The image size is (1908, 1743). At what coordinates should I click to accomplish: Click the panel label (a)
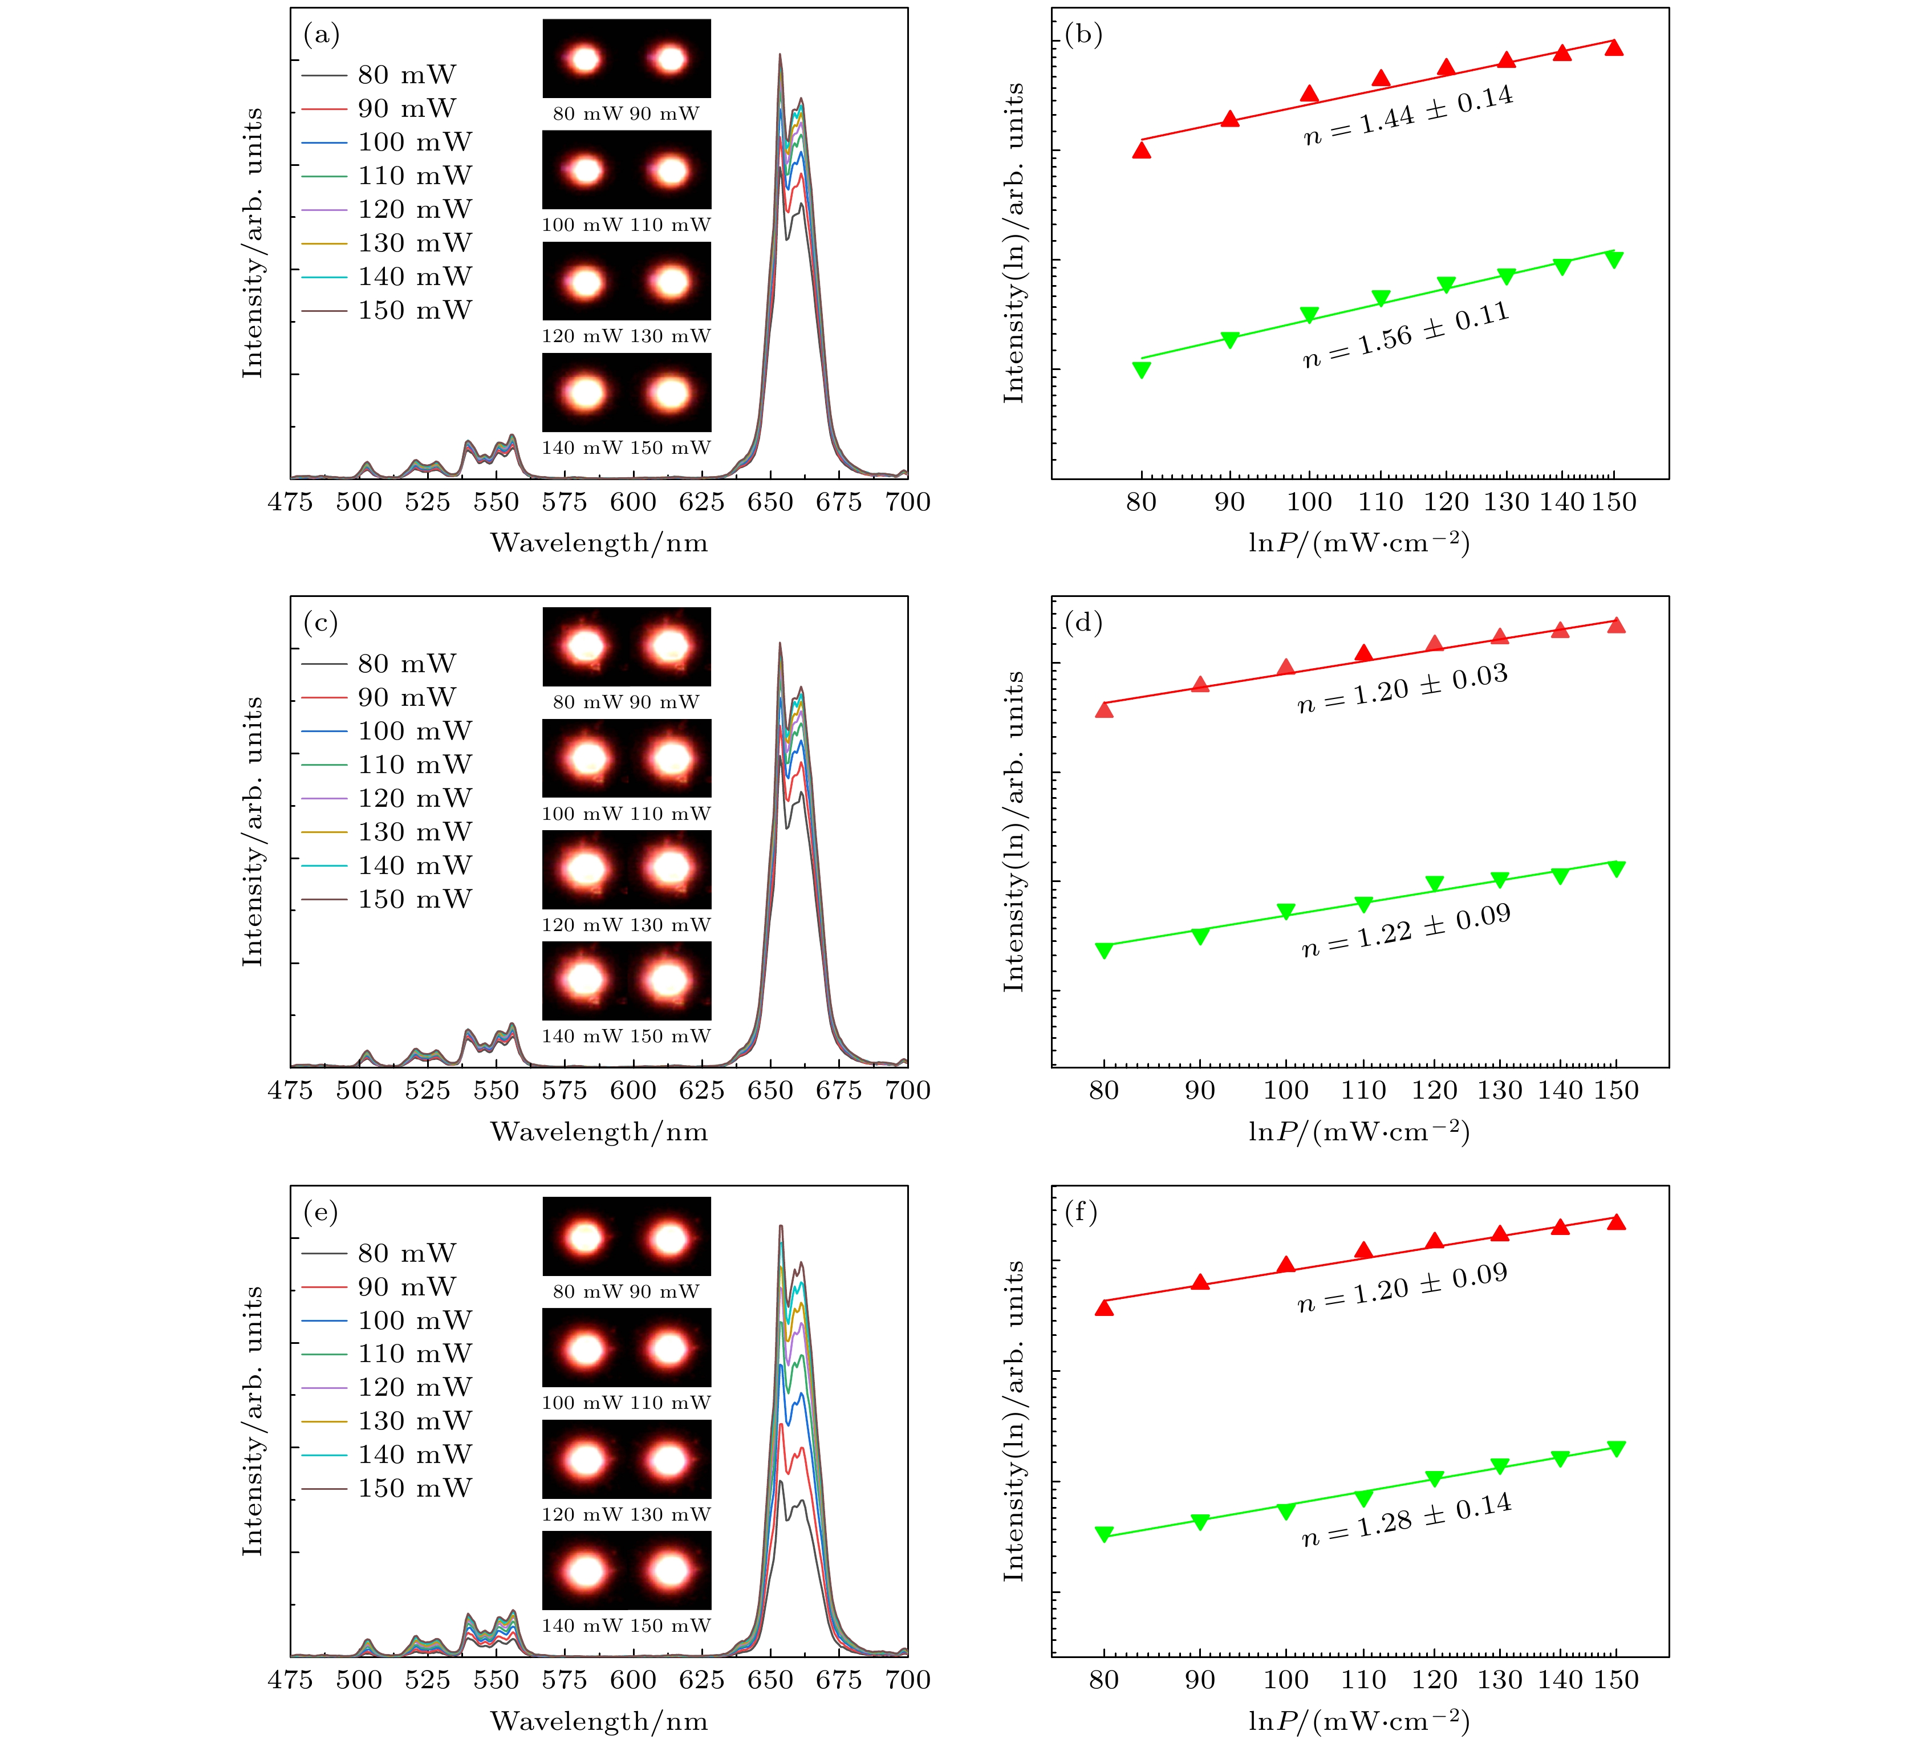321,36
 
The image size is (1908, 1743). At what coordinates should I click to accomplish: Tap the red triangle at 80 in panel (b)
1142,149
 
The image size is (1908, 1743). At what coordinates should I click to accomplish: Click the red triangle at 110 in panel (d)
1363,653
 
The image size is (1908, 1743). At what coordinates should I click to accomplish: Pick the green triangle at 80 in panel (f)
1103,1534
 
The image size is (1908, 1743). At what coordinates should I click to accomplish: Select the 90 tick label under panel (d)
1200,1091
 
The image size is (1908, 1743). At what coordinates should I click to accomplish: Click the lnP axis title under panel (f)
1359,1721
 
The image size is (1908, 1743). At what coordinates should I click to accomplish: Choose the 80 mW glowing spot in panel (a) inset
585,59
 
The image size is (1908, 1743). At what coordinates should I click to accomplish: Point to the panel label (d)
1083,624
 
